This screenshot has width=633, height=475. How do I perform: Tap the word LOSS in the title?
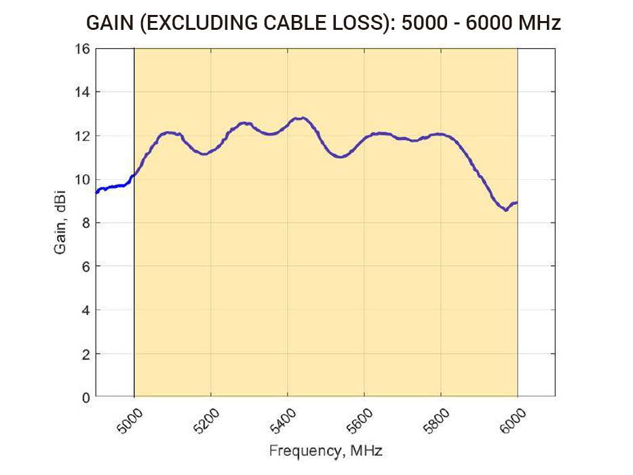[351, 24]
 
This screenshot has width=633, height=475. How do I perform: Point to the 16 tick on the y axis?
[82, 49]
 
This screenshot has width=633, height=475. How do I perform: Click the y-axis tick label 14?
[82, 92]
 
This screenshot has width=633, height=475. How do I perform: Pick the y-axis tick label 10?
[82, 180]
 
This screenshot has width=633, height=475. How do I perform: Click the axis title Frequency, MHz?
[325, 451]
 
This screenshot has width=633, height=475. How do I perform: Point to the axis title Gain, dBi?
[60, 223]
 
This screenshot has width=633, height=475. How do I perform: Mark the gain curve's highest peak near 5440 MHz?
[300, 118]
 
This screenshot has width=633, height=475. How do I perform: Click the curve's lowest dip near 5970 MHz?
[505, 210]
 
